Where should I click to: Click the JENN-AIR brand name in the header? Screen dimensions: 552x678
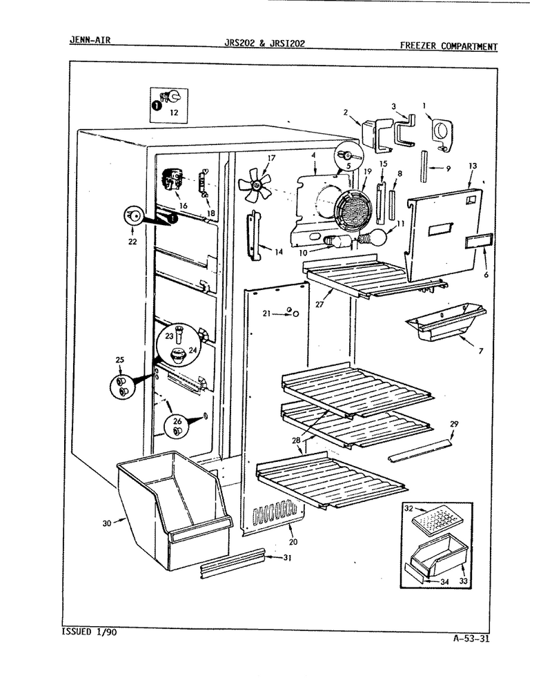coord(90,40)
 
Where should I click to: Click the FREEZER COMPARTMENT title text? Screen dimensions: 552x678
coord(448,46)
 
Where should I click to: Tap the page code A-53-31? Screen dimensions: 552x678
coord(471,639)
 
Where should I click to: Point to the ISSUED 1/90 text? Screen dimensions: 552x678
coord(89,632)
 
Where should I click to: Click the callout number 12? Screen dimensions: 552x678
coord(173,113)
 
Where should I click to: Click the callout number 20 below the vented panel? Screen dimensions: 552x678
coord(293,542)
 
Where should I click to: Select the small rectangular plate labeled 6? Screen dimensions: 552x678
coord(480,242)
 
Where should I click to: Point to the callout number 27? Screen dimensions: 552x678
coord(319,304)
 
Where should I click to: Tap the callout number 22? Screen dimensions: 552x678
coord(132,242)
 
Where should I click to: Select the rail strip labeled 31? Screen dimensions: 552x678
coord(233,563)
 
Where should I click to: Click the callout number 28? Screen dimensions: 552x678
coord(296,440)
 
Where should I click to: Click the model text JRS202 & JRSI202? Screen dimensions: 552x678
coord(265,43)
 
